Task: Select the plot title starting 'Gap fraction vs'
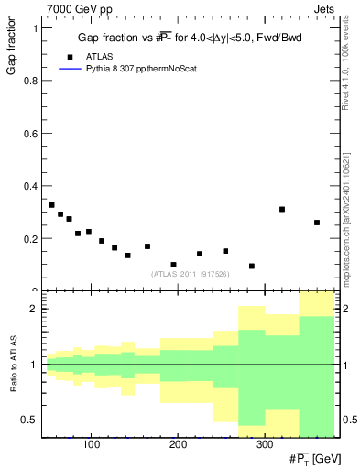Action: click(x=191, y=38)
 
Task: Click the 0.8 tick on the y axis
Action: click(x=29, y=81)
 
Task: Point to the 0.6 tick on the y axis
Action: click(x=29, y=134)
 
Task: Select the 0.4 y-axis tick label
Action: click(x=29, y=186)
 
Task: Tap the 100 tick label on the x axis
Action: click(x=91, y=445)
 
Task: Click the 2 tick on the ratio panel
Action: click(x=34, y=309)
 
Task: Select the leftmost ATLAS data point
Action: click(x=51, y=205)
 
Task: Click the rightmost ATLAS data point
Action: click(x=317, y=223)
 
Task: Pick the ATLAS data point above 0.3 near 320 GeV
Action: click(x=282, y=209)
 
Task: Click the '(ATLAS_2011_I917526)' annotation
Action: click(x=191, y=273)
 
